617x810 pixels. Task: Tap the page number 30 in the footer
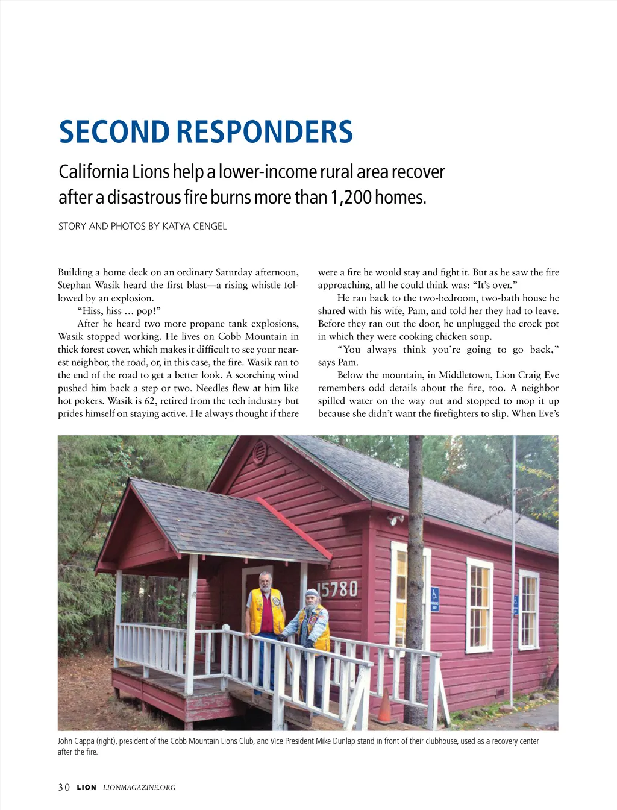coord(64,787)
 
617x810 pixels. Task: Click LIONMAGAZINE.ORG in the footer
coord(139,787)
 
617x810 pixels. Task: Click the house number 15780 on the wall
coord(337,589)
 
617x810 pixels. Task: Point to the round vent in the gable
coord(260,451)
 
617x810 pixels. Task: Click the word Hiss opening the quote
coord(89,311)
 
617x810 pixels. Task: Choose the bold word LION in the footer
coord(86,787)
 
